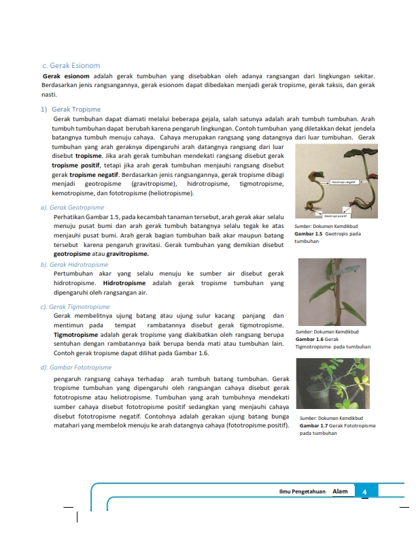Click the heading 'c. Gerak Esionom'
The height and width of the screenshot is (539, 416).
(71, 66)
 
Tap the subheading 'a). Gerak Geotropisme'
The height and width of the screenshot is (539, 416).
(73, 207)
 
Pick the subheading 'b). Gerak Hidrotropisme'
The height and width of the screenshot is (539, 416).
(75, 264)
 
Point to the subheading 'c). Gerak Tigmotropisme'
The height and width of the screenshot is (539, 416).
(75, 307)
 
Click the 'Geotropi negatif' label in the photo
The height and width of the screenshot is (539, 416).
(344, 182)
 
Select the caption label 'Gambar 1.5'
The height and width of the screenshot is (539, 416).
(309, 233)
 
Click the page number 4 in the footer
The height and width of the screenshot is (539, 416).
(365, 492)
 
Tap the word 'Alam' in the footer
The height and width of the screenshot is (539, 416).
(340, 491)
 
